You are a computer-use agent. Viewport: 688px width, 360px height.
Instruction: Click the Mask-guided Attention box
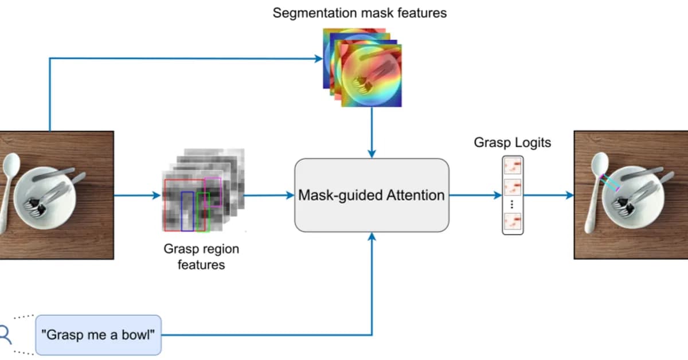[372, 195]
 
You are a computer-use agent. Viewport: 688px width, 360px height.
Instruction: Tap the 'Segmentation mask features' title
[359, 13]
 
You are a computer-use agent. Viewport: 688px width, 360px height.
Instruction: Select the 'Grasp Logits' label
[512, 142]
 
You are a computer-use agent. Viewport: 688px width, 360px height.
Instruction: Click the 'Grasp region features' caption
[201, 257]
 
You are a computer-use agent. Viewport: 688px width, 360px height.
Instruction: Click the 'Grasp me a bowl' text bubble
[99, 335]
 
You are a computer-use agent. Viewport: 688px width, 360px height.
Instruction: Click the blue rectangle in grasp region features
[187, 211]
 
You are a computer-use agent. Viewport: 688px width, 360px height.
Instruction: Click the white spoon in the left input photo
[9, 183]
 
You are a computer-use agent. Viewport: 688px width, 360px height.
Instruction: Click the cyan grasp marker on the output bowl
[609, 182]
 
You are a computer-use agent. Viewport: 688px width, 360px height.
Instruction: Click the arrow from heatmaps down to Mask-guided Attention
[372, 132]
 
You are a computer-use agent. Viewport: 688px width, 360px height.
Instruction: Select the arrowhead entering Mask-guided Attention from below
[372, 237]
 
